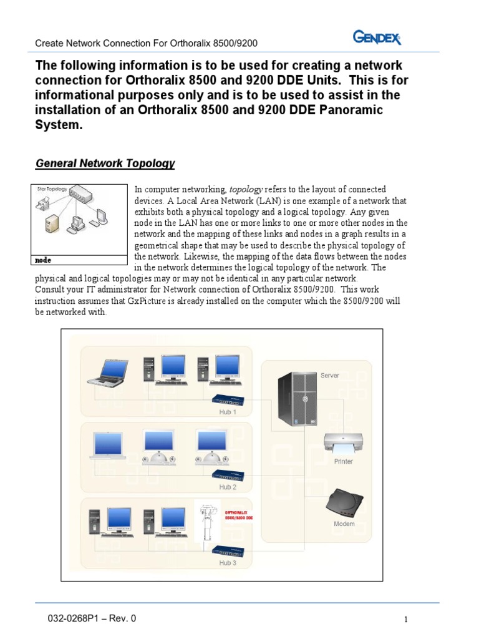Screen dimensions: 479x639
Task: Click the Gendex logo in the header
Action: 377,39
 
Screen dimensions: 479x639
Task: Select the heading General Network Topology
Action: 105,163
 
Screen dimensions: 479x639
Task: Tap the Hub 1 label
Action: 228,412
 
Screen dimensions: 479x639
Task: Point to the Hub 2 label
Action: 228,487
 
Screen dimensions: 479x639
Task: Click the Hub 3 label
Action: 228,562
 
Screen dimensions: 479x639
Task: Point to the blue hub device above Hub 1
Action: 228,399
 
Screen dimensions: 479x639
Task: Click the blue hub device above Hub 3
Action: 228,550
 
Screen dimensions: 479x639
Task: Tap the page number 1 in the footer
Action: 405,620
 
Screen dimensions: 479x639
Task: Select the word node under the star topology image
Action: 44,259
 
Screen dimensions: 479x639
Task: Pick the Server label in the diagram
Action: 329,375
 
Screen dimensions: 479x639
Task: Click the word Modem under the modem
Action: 344,524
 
